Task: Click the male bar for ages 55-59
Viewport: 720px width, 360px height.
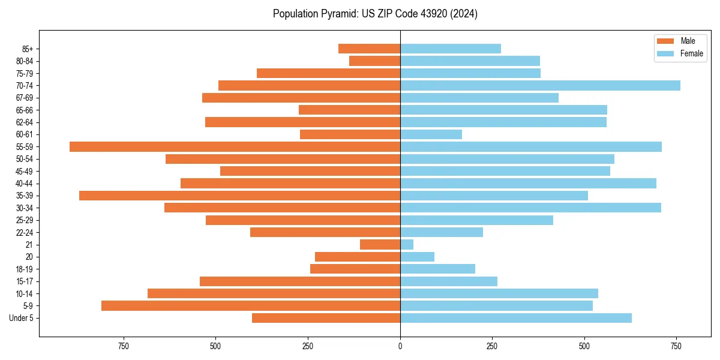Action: [x=235, y=146]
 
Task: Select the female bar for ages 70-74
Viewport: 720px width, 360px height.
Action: [x=540, y=85]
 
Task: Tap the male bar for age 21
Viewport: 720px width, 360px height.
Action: [x=380, y=244]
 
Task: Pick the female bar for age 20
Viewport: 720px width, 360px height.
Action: [x=417, y=257]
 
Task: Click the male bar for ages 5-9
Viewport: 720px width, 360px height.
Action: [x=251, y=305]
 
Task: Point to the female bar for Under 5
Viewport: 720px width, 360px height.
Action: [x=515, y=318]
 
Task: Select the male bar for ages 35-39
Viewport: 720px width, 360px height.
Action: [x=239, y=196]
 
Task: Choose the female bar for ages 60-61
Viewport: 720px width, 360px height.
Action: [x=431, y=134]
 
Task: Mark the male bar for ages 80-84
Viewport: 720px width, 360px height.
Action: [x=374, y=61]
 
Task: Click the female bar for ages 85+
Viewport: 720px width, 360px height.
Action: [x=450, y=49]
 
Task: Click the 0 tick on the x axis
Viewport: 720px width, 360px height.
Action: [x=400, y=346]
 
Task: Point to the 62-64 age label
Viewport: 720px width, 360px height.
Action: [x=25, y=122]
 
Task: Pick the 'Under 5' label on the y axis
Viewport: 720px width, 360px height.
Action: [x=21, y=318]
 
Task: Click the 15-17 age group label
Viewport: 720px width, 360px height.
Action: [x=25, y=281]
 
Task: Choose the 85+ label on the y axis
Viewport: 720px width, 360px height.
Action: [x=28, y=49]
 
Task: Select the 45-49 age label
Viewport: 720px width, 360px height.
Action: [x=25, y=171]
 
